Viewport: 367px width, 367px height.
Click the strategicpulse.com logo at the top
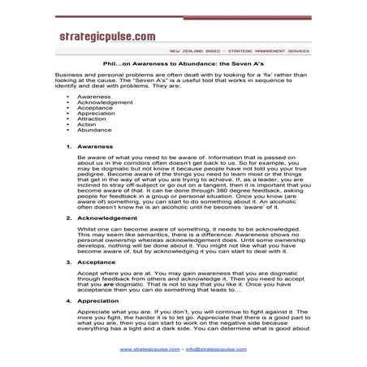tap(106, 37)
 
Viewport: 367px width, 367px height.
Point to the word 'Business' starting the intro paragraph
tap(70, 74)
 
